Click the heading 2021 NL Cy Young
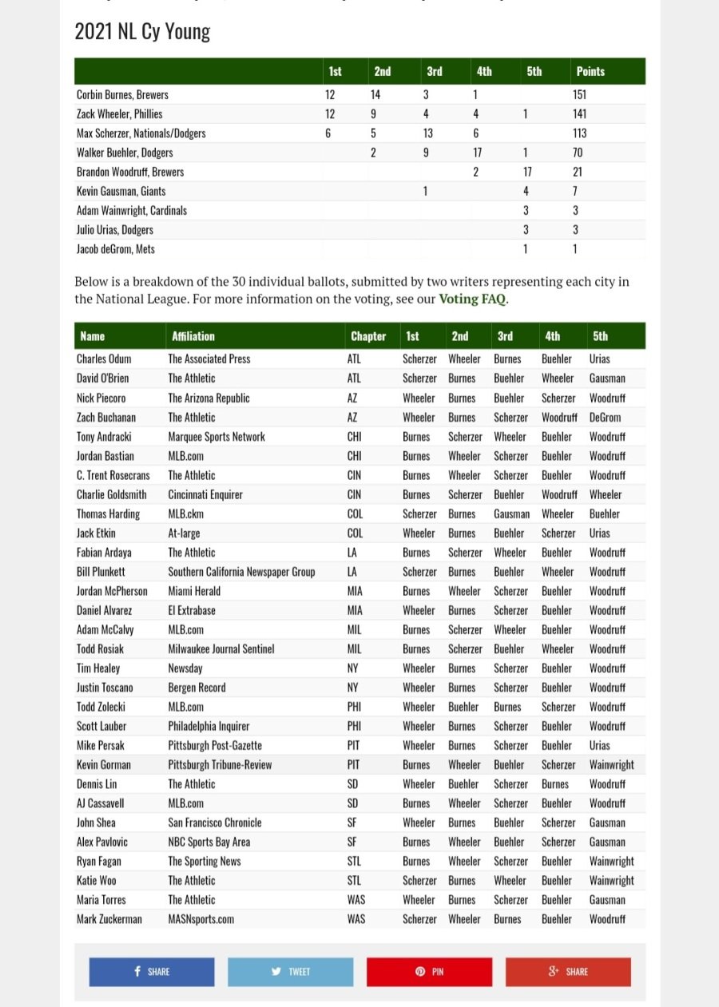point(142,32)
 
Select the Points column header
point(590,71)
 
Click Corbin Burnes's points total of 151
point(580,94)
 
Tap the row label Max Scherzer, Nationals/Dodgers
point(141,133)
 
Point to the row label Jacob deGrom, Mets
point(116,249)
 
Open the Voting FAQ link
point(473,300)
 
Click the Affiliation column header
point(193,336)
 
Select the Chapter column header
point(368,336)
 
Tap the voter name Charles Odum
point(104,359)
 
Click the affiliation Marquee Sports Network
point(216,437)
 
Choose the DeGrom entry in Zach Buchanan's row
point(605,418)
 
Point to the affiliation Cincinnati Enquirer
point(205,494)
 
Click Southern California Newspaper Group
point(241,572)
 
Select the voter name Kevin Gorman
point(104,765)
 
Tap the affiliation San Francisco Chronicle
point(215,823)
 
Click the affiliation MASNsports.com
point(201,919)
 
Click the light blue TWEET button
point(291,972)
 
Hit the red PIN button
point(429,972)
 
